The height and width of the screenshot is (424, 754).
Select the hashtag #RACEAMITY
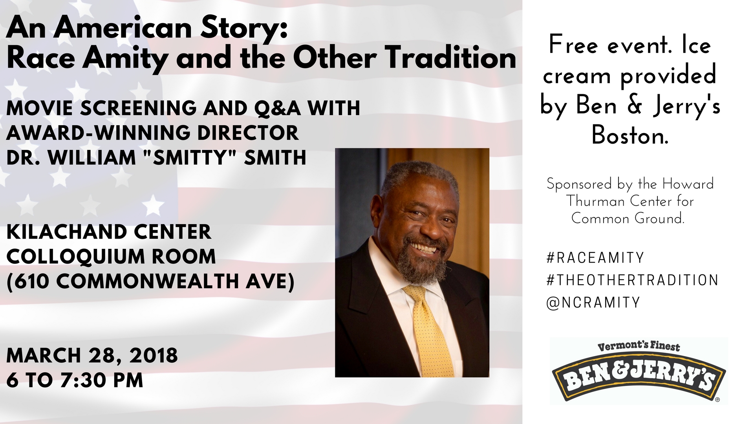click(595, 258)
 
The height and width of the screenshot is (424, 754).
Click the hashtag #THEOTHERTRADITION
click(632, 280)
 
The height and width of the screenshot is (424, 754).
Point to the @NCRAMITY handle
click(593, 303)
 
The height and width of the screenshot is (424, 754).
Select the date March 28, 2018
click(92, 356)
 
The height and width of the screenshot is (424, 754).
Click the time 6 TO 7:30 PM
click(75, 380)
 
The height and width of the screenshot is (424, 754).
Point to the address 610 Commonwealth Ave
click(150, 281)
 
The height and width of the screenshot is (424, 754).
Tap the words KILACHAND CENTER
click(109, 232)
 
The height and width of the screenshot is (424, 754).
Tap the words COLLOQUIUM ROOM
click(111, 257)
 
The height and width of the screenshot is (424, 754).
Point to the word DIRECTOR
click(248, 133)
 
